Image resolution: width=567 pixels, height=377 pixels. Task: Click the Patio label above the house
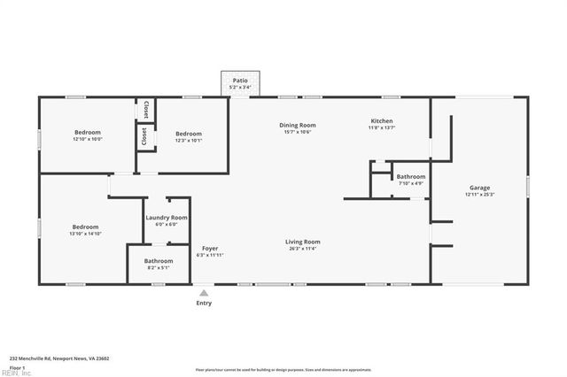tap(239, 80)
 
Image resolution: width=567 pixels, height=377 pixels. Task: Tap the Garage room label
tap(479, 188)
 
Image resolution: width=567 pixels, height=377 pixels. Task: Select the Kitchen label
tap(381, 121)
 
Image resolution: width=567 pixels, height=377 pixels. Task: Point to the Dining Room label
tap(299, 125)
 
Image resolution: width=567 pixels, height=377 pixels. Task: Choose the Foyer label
tap(209, 248)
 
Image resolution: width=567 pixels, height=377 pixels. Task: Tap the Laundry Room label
tap(167, 217)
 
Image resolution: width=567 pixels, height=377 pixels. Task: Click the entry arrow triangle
tap(204, 291)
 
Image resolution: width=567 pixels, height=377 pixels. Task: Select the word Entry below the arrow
tap(204, 303)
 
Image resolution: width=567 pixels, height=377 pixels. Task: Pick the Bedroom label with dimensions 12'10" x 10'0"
tap(87, 132)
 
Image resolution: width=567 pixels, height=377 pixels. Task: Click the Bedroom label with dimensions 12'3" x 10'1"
tap(188, 133)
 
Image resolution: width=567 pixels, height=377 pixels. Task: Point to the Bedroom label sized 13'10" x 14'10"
tap(85, 227)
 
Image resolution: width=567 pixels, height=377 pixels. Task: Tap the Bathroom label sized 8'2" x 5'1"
tap(159, 260)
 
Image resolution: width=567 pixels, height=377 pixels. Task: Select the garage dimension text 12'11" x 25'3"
tap(479, 195)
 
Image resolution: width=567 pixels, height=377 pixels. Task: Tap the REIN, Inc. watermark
tap(15, 373)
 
